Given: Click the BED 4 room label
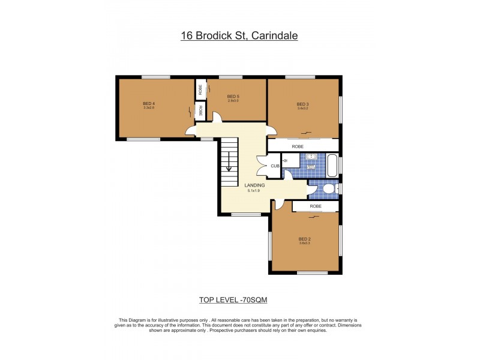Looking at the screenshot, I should coord(149,103).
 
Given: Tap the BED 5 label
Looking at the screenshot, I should coord(233,96).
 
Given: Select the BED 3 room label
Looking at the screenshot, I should coord(302,104).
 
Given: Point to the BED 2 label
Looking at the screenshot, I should coord(304,238).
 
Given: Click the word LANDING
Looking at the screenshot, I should coord(255,185).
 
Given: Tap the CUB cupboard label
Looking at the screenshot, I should coord(274,166).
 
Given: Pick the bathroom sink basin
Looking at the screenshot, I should coord(311,158).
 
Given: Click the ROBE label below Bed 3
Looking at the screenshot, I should coord(298,146).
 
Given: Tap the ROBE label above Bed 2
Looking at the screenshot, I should coord(316,206).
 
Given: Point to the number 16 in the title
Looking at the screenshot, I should coord(187,36).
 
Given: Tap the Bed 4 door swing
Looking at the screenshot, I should coord(191,130).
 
